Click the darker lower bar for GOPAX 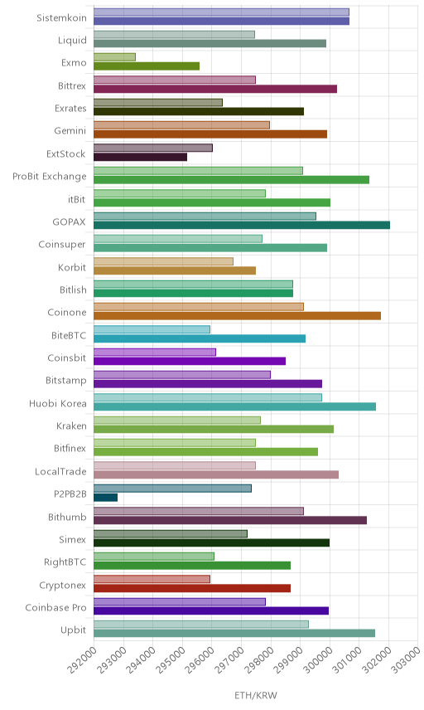point(242,225)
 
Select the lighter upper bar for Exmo point(115,57)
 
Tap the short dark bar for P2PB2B point(106,498)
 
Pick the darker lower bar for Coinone point(238,316)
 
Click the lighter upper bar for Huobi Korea point(208,397)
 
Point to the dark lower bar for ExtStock point(141,157)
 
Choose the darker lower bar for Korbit point(175,270)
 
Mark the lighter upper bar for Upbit point(201,625)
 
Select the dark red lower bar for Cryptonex point(192,588)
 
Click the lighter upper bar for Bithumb point(199,511)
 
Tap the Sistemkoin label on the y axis point(61,18)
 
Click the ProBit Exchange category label point(49,177)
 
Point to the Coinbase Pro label point(55,608)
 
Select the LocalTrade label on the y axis point(60,472)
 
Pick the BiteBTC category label point(69,336)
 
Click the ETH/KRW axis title point(256,696)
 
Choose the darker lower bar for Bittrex point(215,89)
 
